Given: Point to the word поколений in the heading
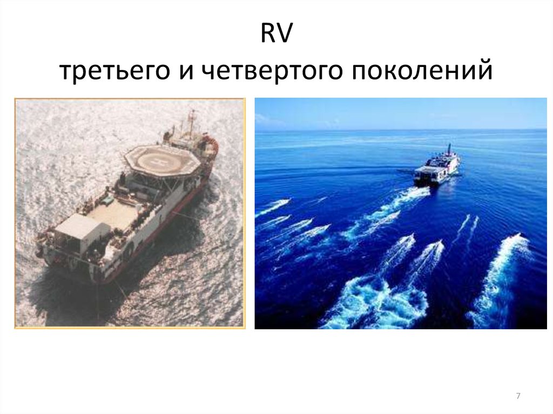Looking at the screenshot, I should [422, 72].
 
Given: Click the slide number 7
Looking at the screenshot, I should [518, 397].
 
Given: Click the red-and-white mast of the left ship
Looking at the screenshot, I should [191, 121].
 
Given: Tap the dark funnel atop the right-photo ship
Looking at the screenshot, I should [448, 148].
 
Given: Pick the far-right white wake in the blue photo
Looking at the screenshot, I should [502, 275].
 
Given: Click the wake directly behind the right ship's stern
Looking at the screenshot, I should [400, 200].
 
